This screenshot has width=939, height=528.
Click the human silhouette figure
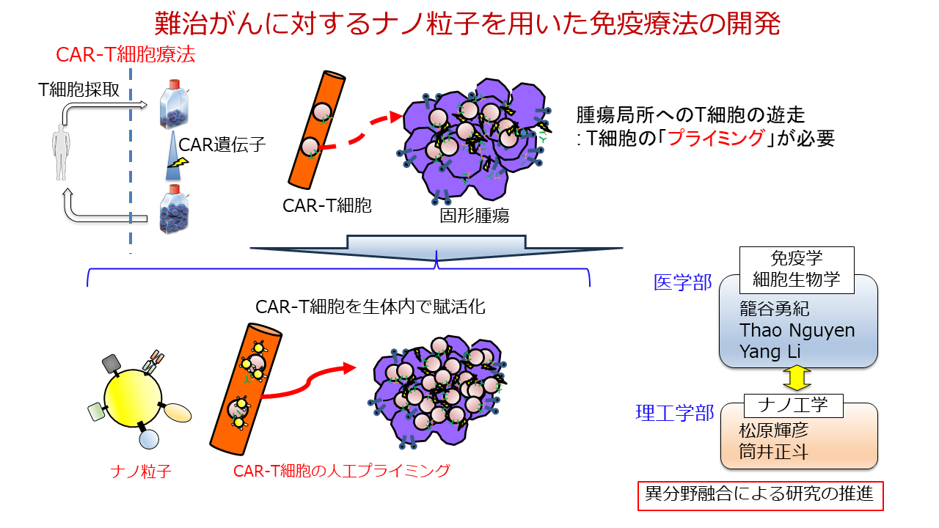[60, 152]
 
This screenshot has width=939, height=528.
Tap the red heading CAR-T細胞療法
[125, 55]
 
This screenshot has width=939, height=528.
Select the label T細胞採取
[84, 91]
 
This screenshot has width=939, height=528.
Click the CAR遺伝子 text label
[222, 144]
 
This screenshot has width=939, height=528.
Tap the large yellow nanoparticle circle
[132, 400]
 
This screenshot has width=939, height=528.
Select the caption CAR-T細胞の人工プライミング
[341, 471]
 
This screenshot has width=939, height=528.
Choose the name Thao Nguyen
[797, 330]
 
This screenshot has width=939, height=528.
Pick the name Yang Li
[770, 351]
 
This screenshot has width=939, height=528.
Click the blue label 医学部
[683, 283]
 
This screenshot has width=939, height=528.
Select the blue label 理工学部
[674, 414]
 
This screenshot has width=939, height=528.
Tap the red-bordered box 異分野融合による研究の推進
[759, 495]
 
